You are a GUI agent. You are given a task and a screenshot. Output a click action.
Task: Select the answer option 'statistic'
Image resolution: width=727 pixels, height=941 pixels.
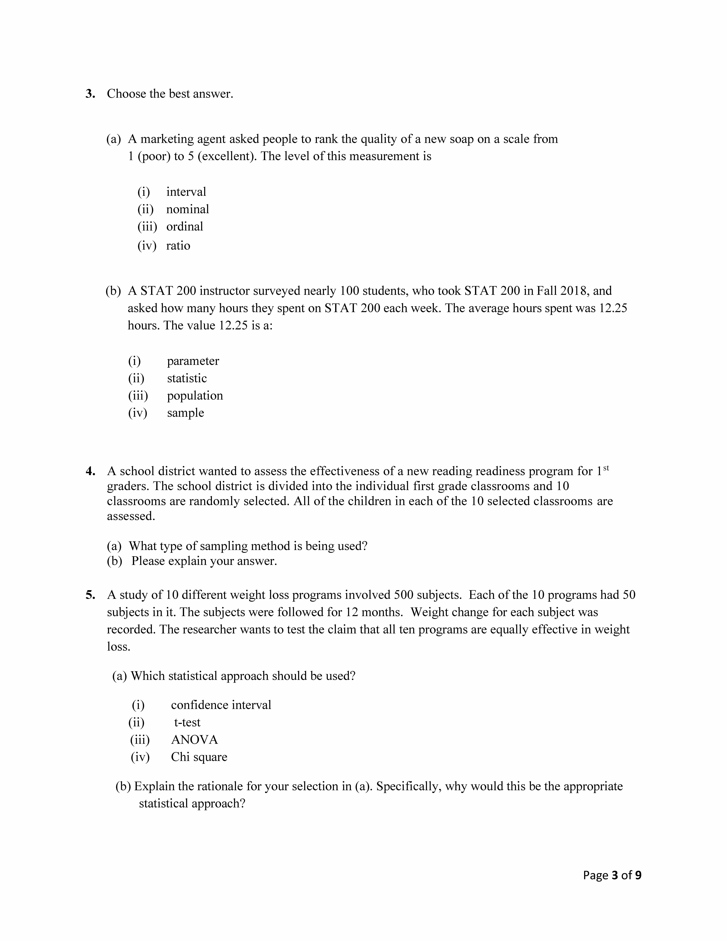[187, 378]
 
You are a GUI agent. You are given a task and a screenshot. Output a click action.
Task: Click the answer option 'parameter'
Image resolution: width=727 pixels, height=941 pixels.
[193, 361]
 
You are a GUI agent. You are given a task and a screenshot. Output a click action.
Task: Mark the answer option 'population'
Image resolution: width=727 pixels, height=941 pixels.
[195, 396]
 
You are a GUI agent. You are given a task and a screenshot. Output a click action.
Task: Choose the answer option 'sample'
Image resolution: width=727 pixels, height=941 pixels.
[186, 413]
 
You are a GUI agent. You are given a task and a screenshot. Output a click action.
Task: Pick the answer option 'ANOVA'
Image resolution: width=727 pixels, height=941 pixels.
[194, 740]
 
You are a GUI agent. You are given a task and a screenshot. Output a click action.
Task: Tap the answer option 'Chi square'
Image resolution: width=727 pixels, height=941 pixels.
[199, 757]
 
